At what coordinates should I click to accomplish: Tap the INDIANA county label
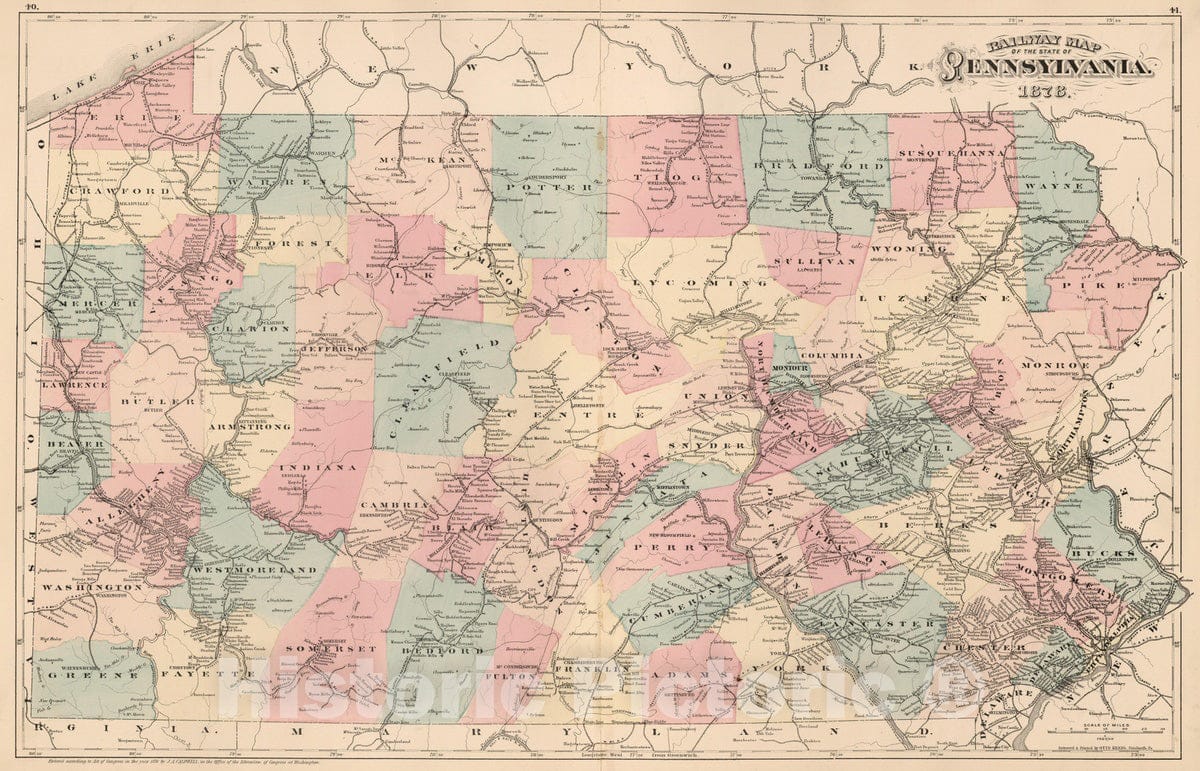pyautogui.click(x=317, y=467)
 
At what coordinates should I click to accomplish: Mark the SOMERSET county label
pyautogui.click(x=318, y=649)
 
